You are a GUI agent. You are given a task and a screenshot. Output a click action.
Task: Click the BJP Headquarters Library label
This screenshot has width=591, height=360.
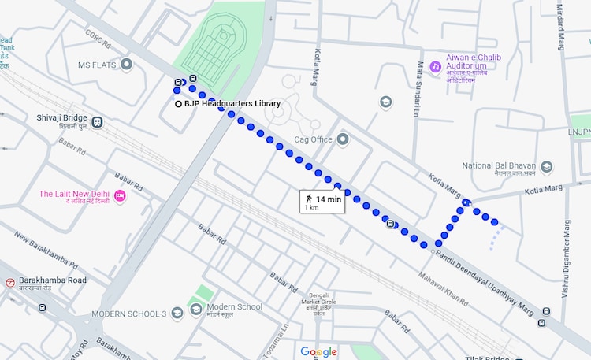coord(232,104)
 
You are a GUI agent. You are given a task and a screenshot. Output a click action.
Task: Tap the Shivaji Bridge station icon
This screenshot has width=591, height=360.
coord(97,122)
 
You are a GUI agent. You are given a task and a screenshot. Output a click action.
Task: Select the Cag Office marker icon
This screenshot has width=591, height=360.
coord(342,139)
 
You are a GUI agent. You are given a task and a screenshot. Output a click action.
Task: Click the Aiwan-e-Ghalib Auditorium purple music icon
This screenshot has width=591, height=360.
coord(435,68)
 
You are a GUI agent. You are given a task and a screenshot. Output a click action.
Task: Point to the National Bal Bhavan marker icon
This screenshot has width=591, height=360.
coord(546,166)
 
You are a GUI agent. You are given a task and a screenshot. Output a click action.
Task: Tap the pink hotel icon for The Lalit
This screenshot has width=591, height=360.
coord(120,195)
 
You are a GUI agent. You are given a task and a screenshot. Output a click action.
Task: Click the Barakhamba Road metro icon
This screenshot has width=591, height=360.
coord(9,282)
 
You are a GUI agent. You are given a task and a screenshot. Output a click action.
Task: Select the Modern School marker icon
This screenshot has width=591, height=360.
coord(195,307)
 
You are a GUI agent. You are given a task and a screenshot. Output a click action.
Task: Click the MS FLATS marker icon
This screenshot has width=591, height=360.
coord(126,65)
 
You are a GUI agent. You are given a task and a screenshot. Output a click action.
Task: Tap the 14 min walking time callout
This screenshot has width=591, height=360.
coord(322,202)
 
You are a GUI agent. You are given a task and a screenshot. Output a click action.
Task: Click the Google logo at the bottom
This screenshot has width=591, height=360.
coord(318,351)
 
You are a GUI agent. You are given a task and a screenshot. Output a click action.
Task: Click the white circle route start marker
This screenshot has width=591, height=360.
coord(178,104)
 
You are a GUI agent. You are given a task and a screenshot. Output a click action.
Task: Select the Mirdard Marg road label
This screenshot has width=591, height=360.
coord(561,28)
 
